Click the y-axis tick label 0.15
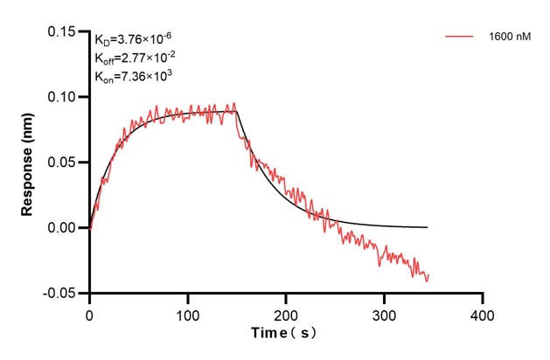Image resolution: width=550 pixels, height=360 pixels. click(64, 31)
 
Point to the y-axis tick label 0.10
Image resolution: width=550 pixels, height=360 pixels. click(64, 97)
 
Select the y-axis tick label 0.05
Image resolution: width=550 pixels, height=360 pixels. click(64, 163)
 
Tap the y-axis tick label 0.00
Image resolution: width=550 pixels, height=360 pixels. click(64, 228)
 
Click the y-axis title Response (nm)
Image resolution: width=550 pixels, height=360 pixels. click(28, 163)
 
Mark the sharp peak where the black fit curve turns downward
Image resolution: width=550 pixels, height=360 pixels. click(237, 111)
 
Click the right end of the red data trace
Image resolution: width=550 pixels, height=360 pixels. click(428, 276)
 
